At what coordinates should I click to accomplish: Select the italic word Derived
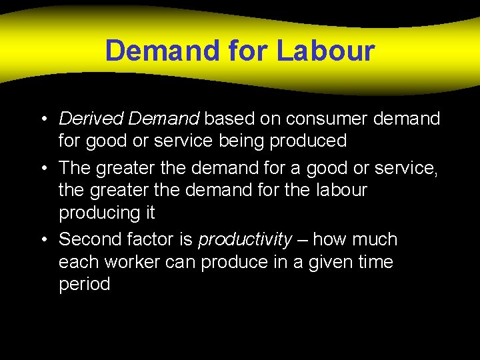(x=91, y=119)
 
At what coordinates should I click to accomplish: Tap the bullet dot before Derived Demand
(x=42, y=119)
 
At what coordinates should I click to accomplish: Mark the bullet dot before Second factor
(x=42, y=239)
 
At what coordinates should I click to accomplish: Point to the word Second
(x=91, y=239)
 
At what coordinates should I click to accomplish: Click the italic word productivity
(x=245, y=239)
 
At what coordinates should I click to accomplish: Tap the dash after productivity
(x=303, y=239)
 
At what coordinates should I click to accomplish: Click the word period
(x=85, y=285)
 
